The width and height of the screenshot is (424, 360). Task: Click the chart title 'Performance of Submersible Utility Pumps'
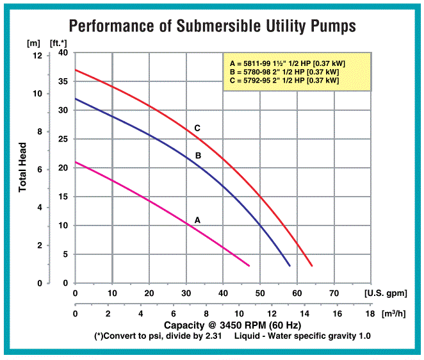coord(212,26)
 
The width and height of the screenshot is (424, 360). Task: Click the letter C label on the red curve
coord(197,129)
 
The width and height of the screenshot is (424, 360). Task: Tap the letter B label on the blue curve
coord(198,156)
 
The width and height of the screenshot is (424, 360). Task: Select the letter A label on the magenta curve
coord(197,220)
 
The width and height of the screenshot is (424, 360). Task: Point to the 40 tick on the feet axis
coord(63,53)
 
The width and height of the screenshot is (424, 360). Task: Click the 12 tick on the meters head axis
coord(37,56)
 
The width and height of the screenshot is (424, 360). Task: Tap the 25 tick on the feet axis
coord(63,139)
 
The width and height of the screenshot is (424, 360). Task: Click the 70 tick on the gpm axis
coord(334,293)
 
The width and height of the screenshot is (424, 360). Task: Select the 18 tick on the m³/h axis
coord(370,315)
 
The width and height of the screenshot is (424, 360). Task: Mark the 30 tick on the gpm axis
coord(186,293)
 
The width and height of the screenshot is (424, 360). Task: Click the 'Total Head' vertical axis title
coord(22,168)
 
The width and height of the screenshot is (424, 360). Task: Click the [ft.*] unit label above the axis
coord(58,43)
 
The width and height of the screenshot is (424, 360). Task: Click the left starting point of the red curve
coord(76,70)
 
